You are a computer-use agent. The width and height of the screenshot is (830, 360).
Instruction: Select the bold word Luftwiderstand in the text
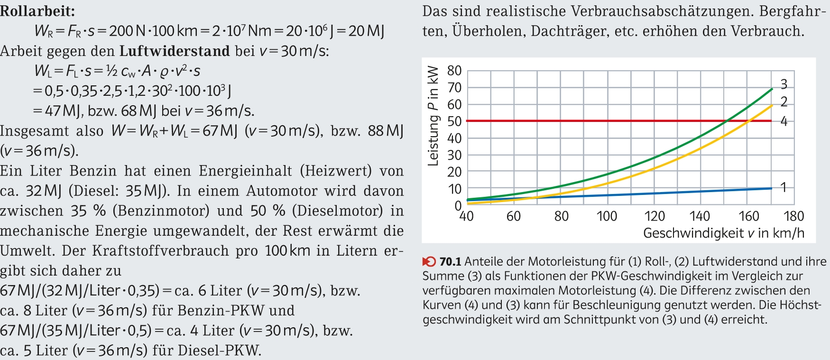[x=174, y=50]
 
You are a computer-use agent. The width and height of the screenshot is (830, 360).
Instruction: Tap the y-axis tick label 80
[x=454, y=71]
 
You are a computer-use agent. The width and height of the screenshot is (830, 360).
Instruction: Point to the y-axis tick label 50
[x=454, y=121]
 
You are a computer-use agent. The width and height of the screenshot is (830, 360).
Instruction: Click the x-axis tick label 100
[x=607, y=216]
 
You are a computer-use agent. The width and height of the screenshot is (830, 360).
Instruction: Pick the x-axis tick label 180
[x=793, y=216]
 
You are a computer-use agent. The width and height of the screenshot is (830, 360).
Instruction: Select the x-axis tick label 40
[x=467, y=216]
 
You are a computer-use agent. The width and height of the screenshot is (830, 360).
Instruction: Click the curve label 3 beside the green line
[x=784, y=84]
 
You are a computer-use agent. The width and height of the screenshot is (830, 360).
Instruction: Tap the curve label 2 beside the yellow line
[x=784, y=102]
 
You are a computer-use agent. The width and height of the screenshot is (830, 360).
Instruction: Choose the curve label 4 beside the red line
[x=784, y=121]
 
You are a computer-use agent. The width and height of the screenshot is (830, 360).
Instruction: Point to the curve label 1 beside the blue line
[x=784, y=187]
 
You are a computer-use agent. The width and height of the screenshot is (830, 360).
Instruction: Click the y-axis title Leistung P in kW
[x=433, y=116]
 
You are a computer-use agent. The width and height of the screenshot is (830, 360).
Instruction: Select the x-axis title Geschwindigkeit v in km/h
[x=723, y=233]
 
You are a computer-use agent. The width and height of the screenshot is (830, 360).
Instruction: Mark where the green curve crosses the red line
[x=726, y=121]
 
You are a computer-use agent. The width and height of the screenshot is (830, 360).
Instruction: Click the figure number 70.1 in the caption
[x=450, y=261]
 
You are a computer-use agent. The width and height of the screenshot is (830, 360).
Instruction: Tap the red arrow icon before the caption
[x=429, y=261]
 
